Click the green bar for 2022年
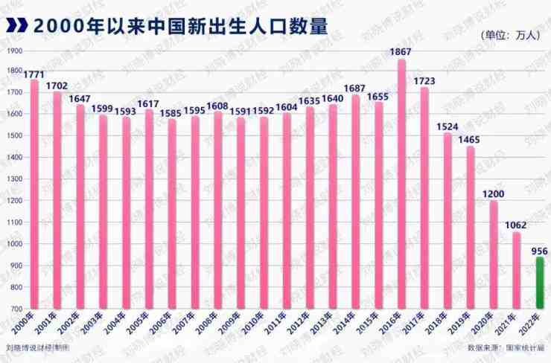click(x=540, y=283)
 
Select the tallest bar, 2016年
click(x=402, y=186)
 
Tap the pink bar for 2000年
click(x=34, y=193)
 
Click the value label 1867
click(x=402, y=51)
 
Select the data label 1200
click(x=494, y=193)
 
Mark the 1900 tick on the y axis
click(x=14, y=51)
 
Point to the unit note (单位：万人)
click(x=511, y=35)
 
